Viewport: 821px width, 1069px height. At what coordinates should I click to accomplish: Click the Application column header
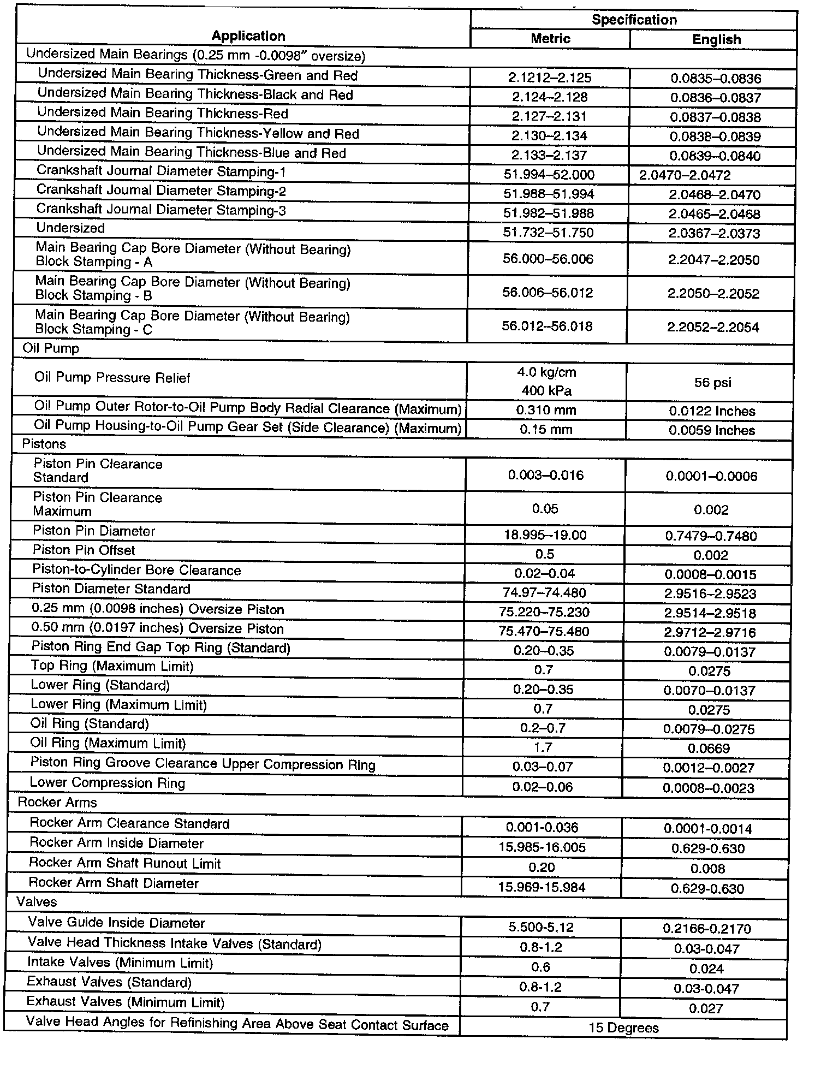248,36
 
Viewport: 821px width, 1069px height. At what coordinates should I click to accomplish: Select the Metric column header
550,39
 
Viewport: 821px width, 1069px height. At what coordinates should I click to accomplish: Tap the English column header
716,39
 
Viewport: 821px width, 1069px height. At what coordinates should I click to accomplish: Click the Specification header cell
634,20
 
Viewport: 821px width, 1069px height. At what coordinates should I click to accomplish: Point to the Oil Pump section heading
51,348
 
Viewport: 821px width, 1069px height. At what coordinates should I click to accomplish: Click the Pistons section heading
44,444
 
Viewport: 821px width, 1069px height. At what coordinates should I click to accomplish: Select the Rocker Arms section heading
57,803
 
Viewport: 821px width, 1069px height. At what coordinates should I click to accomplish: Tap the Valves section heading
37,902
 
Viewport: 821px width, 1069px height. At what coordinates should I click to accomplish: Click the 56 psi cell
713,383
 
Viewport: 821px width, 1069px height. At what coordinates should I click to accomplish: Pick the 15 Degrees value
623,1028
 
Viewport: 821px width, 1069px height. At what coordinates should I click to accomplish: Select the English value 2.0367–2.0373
713,233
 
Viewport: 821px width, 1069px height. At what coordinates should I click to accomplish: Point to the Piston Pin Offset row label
84,550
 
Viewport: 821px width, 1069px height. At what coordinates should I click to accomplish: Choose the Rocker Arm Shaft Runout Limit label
124,863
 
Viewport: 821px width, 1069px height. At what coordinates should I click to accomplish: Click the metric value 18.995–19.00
545,535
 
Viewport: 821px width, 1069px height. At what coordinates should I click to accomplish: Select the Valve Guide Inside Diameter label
116,923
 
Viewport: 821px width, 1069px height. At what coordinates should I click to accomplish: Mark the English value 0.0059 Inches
712,430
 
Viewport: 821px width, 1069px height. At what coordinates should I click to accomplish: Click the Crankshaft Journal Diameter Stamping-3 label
161,210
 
